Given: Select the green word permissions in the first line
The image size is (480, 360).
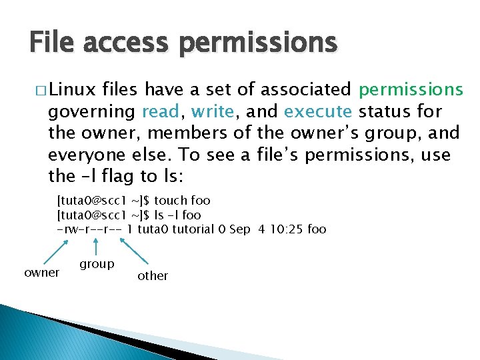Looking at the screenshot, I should click(411, 89).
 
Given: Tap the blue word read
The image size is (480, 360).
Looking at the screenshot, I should click(158, 111).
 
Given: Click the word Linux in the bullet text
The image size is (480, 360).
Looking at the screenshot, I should click(73, 89).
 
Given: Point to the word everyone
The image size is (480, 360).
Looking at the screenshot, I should click(85, 155).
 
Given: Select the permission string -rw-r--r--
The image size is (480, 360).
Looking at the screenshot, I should click(89, 229).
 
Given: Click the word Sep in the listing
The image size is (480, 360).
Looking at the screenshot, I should click(239, 229).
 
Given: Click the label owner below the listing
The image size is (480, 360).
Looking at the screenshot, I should click(41, 273).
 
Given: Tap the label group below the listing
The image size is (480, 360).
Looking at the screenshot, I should click(97, 264).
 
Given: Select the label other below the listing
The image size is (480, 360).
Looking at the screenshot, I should click(153, 276).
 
